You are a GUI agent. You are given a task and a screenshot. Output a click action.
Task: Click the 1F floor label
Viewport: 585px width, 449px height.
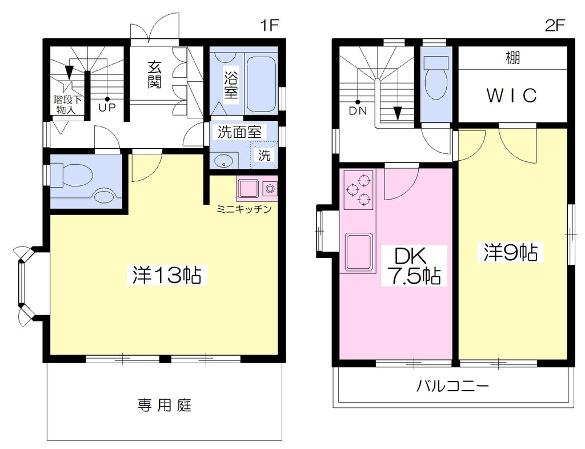[x=270, y=25]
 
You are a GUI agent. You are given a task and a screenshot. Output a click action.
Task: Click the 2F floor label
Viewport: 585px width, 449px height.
[x=555, y=25]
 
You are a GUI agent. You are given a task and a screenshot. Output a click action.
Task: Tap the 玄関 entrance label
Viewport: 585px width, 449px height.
[x=154, y=75]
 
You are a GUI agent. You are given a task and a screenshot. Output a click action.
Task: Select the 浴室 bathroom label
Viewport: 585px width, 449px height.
[x=231, y=83]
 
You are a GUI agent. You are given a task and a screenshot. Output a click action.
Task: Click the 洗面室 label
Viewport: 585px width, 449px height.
[x=239, y=132]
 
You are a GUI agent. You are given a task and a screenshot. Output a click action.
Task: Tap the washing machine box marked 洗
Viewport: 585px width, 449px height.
[x=264, y=154]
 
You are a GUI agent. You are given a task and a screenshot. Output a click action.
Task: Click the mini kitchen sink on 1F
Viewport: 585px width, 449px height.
[x=249, y=188]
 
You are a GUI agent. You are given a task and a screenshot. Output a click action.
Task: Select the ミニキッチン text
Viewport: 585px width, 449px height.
[x=244, y=209]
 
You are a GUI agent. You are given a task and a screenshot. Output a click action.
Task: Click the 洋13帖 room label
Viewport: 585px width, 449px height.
[x=167, y=275]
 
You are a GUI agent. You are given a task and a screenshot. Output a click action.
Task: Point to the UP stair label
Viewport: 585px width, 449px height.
[x=107, y=108]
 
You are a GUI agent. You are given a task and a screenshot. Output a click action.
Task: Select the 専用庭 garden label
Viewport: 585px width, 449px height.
[x=165, y=406]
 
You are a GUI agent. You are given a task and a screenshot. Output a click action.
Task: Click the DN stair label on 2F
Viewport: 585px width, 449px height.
[x=358, y=111]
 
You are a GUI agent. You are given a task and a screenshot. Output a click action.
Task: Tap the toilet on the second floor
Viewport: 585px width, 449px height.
[x=436, y=78]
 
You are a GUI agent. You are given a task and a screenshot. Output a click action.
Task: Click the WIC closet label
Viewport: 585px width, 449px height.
[x=512, y=96]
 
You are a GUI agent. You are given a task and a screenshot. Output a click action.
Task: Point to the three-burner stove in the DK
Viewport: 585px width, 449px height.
[x=359, y=190]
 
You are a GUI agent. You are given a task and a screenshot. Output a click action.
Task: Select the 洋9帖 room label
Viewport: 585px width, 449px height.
[x=511, y=252]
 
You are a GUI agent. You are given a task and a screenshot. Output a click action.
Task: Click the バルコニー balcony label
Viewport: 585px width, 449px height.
[x=452, y=386]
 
